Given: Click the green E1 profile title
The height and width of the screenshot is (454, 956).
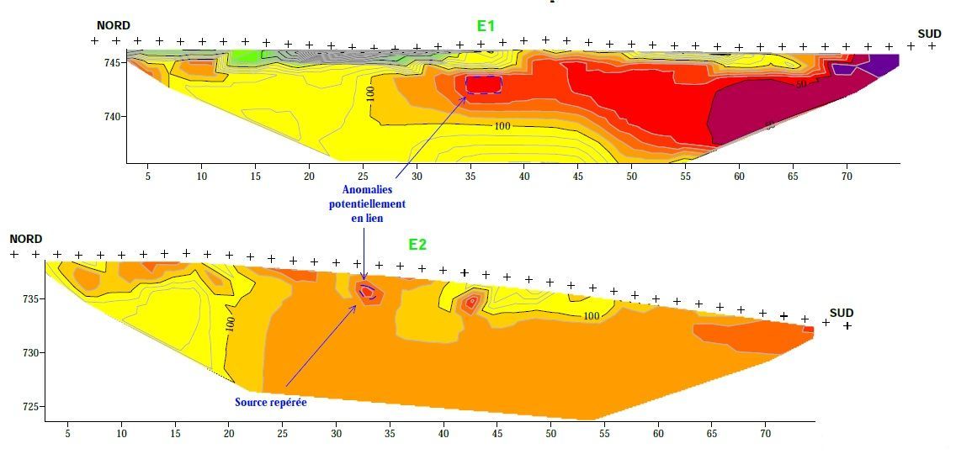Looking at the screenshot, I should (x=486, y=25).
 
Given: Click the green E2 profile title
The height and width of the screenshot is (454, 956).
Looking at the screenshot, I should (x=417, y=245).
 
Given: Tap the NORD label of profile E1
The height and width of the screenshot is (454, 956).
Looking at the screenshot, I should (x=114, y=26).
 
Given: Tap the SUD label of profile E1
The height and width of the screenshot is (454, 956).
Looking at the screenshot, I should (x=929, y=34).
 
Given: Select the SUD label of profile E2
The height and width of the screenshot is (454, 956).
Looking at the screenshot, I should (x=842, y=313).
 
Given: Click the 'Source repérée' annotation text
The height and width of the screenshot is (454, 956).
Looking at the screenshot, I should (x=270, y=403).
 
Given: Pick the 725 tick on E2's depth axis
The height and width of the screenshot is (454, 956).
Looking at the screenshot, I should (x=30, y=407).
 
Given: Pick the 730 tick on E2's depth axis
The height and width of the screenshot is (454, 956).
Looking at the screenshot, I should (x=30, y=352).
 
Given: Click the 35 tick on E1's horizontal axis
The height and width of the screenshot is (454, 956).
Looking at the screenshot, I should (x=470, y=177).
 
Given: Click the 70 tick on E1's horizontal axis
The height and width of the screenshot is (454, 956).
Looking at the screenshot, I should (x=847, y=177).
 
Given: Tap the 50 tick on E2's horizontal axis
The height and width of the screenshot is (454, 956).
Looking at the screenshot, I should (x=550, y=435).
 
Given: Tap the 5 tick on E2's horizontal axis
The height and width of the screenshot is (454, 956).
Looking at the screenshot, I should (x=68, y=435).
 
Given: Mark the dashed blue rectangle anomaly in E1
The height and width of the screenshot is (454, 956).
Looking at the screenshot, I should (x=484, y=83).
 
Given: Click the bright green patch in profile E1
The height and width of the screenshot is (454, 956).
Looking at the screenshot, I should (x=246, y=57).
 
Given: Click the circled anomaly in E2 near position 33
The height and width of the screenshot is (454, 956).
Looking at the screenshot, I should (x=367, y=292).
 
